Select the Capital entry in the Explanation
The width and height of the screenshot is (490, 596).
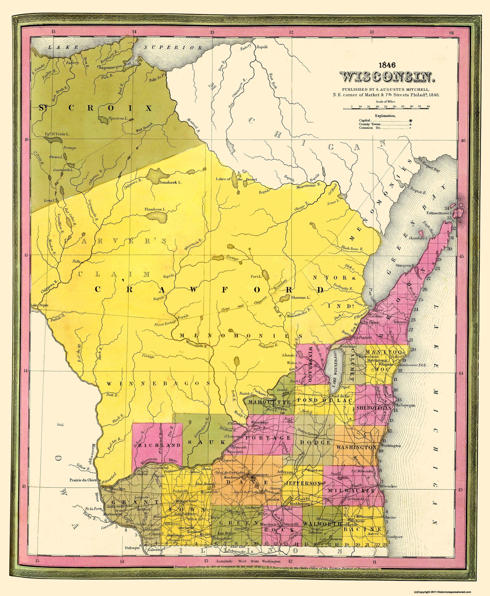click(x=365, y=120)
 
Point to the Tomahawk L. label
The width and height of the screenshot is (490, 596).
click(x=170, y=182)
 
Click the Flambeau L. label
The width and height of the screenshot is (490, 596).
click(x=155, y=209)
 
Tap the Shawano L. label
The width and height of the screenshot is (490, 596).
click(x=301, y=297)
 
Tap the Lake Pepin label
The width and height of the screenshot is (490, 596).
click(x=39, y=305)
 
